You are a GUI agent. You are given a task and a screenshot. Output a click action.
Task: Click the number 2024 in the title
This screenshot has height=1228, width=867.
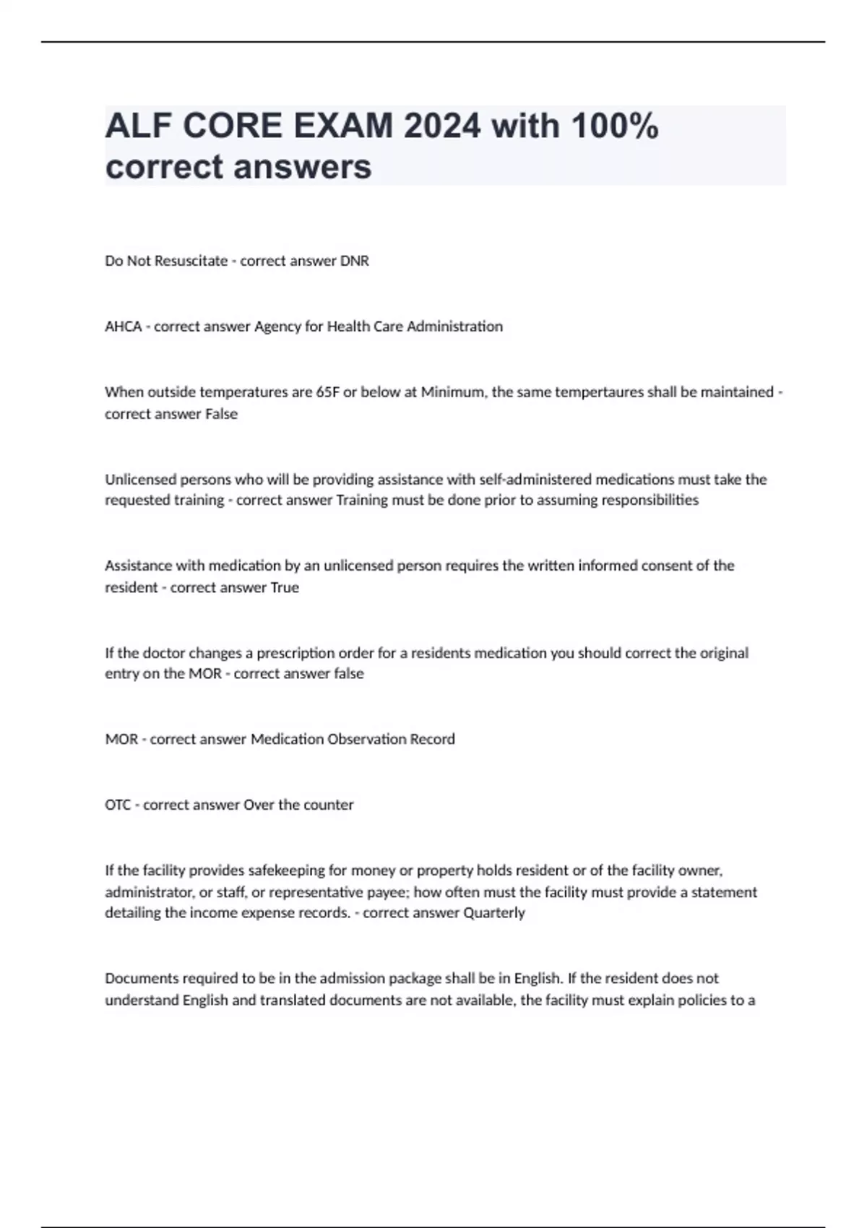pos(441,126)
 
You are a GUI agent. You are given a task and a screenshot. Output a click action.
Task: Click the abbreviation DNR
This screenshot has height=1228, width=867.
pos(354,261)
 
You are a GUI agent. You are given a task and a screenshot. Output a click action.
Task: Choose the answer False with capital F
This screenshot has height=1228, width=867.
pos(221,414)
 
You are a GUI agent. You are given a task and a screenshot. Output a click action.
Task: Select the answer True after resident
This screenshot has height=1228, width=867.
pos(284,587)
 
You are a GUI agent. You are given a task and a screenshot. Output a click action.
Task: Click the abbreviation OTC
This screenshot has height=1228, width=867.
pos(118,805)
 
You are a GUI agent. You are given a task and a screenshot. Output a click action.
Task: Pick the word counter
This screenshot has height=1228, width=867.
pos(329,805)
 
